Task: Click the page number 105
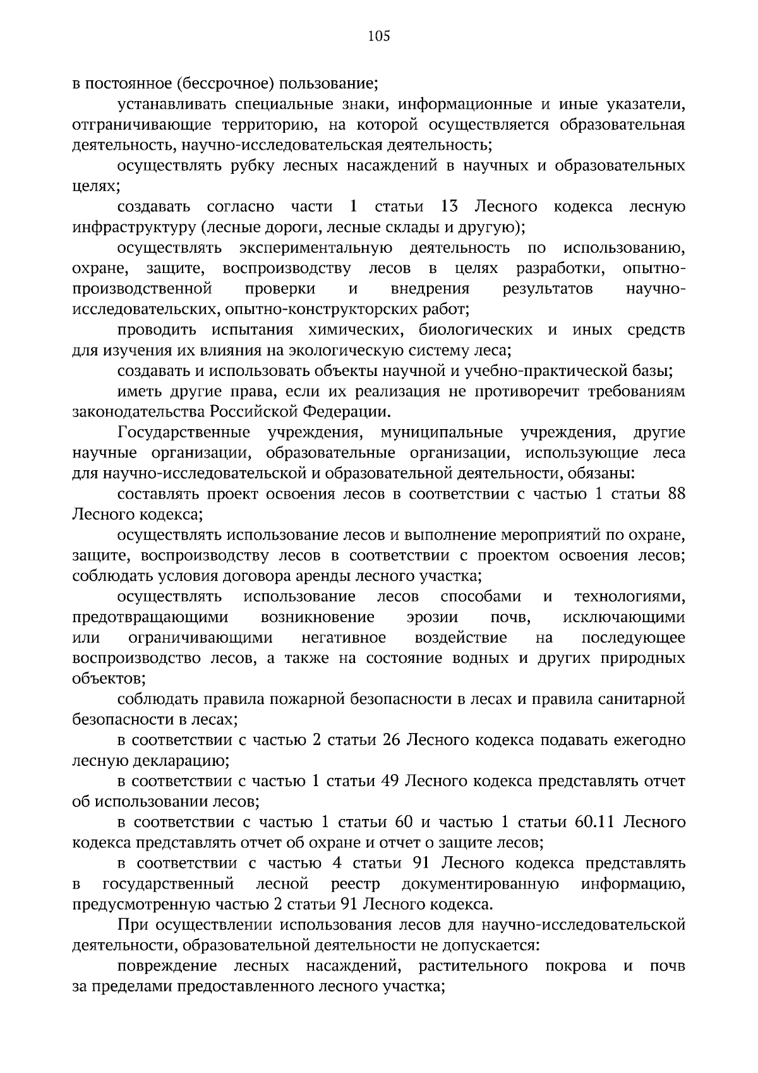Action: (379, 37)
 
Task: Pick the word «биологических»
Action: (476, 330)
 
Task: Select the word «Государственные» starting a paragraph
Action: (184, 433)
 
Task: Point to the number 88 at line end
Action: (676, 494)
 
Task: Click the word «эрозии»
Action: (433, 617)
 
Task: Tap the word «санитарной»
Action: (644, 700)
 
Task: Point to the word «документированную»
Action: (480, 884)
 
